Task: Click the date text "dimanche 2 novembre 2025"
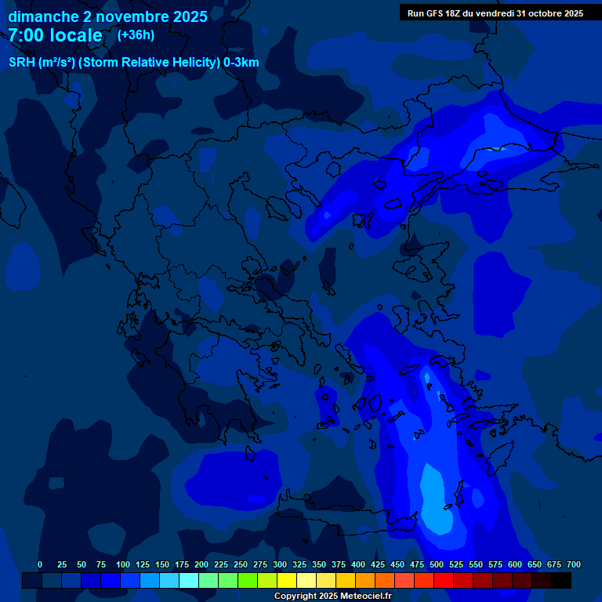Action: pyautogui.click(x=107, y=16)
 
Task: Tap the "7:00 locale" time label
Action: pyautogui.click(x=55, y=35)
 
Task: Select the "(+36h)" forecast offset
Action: pyautogui.click(x=136, y=35)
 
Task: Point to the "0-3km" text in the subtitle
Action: pyautogui.click(x=241, y=63)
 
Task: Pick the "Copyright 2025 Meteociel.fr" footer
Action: pyautogui.click(x=332, y=597)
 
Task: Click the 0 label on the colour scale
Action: pyautogui.click(x=40, y=564)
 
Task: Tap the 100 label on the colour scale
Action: pyautogui.click(x=123, y=564)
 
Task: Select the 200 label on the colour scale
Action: pyautogui.click(x=201, y=564)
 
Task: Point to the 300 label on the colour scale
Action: pyautogui.click(x=280, y=564)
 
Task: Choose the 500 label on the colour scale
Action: pyautogui.click(x=437, y=564)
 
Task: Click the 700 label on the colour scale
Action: pyautogui.click(x=574, y=564)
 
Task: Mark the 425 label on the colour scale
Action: pyautogui.click(x=378, y=564)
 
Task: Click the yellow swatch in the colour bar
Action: pyautogui.click(x=287, y=581)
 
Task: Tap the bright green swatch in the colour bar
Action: pyautogui.click(x=248, y=581)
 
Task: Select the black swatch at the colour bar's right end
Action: pyautogui.click(x=561, y=581)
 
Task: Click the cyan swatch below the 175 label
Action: pyautogui.click(x=189, y=581)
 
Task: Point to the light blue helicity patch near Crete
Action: pyautogui.click(x=435, y=502)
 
